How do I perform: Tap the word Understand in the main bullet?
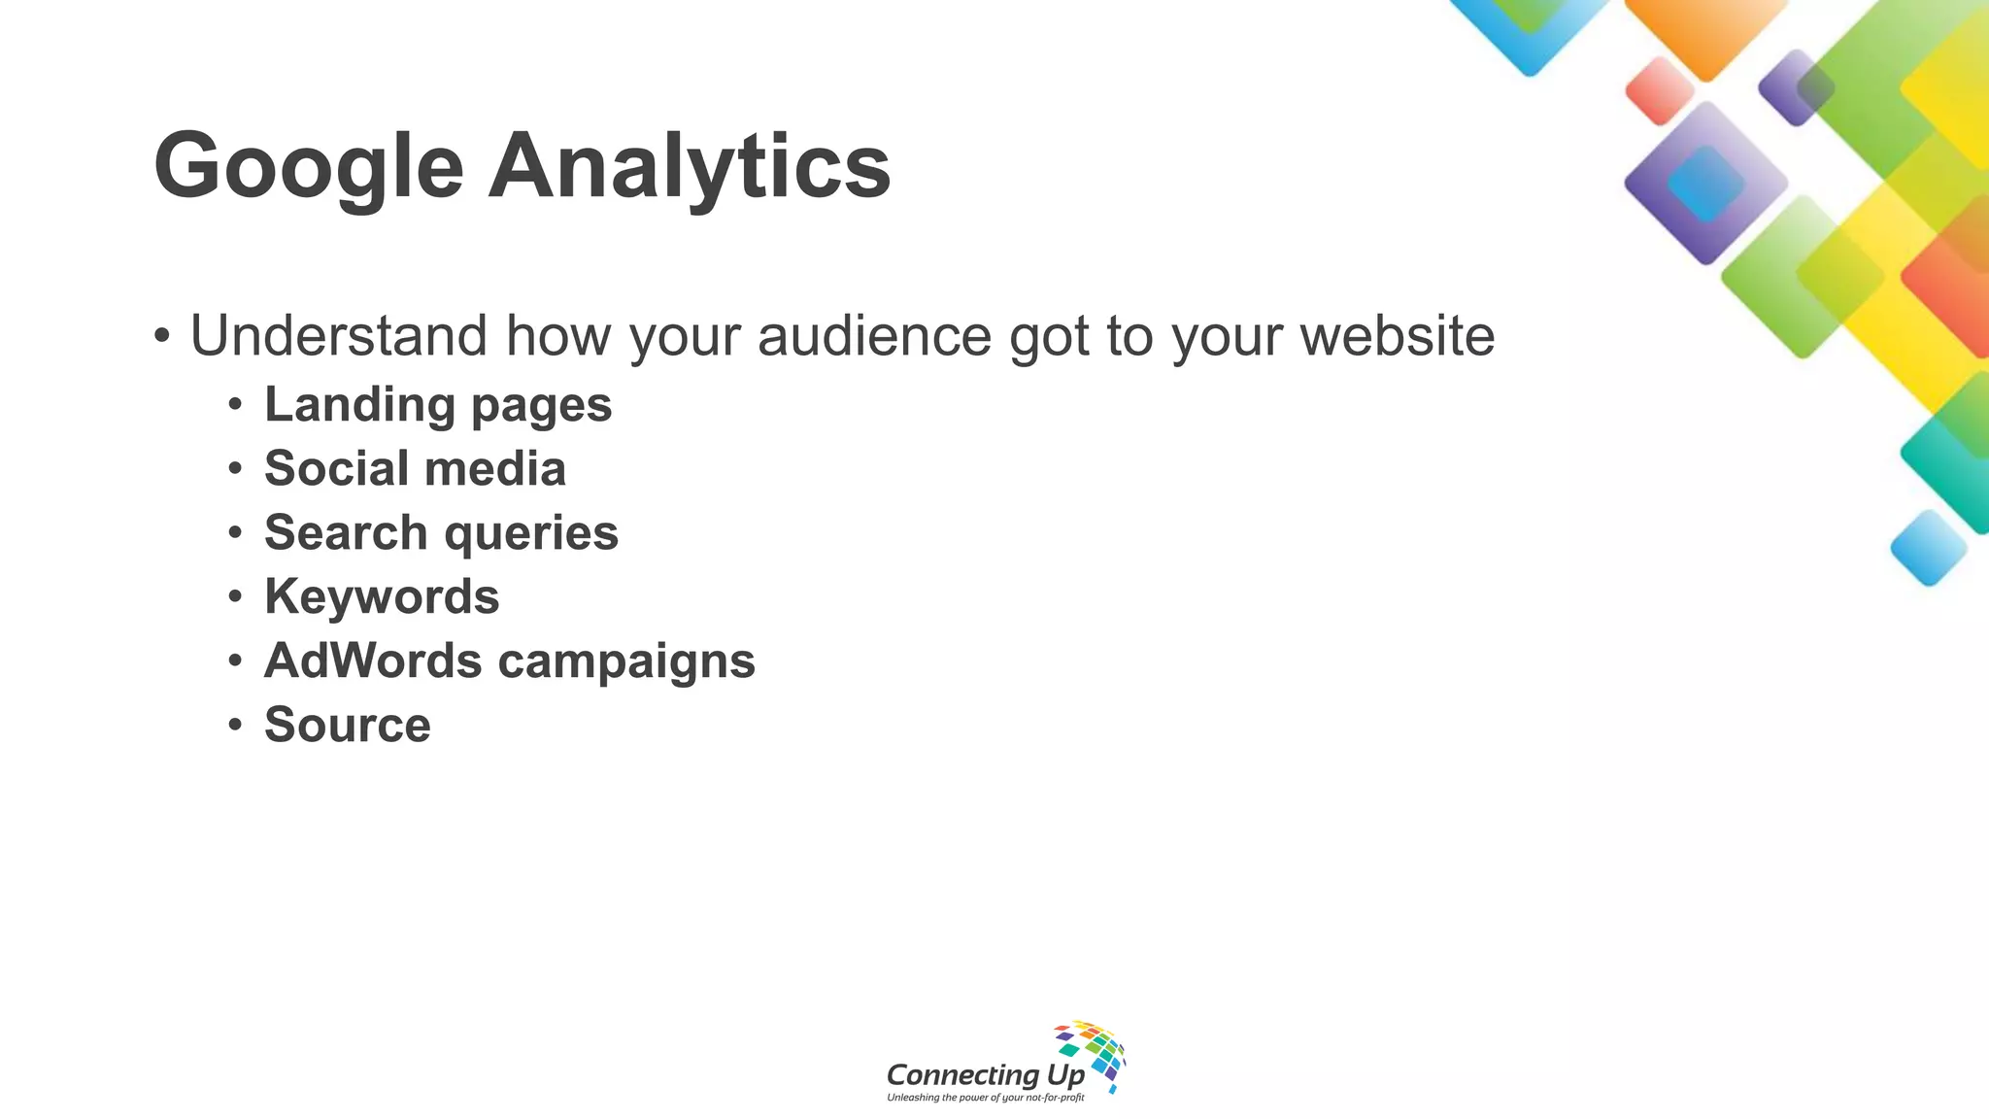[x=338, y=336]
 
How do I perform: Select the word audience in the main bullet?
[x=874, y=336]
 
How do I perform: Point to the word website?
[x=1397, y=336]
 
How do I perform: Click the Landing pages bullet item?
[x=438, y=405]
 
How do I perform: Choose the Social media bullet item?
[x=415, y=469]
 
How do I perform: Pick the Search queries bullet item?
[x=441, y=533]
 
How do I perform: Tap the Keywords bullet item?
[x=382, y=596]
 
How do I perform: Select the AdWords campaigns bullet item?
[x=509, y=661]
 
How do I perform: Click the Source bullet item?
[x=347, y=726]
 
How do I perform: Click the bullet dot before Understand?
[x=162, y=337]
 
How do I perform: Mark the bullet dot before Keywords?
[x=235, y=596]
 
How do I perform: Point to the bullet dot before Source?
[x=235, y=725]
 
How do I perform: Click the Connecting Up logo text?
[x=985, y=1075]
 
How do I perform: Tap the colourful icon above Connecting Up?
[x=1092, y=1053]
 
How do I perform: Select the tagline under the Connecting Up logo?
[x=985, y=1098]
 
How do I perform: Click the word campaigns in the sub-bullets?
[x=626, y=661]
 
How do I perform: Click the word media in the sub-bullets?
[x=495, y=469]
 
